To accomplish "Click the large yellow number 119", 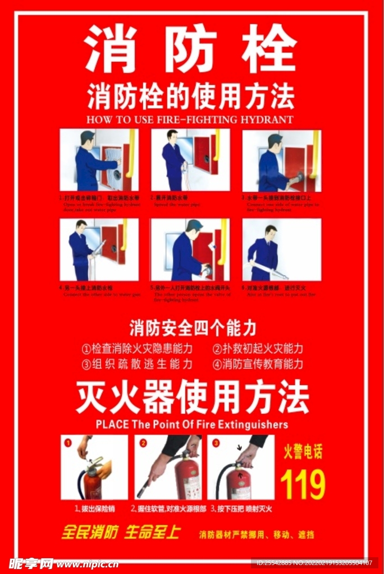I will [x=303, y=484].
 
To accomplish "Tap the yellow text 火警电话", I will [x=303, y=452].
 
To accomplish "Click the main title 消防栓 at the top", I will [x=191, y=49].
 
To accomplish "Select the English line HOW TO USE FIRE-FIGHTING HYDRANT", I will [x=190, y=119].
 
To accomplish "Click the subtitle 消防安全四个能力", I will [x=193, y=327].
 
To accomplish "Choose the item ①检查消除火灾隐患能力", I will [x=137, y=348].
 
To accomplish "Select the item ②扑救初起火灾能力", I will [x=258, y=348].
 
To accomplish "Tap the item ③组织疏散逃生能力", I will [x=137, y=364].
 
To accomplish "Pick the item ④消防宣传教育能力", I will [x=258, y=364].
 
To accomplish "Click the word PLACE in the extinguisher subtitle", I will [x=112, y=424].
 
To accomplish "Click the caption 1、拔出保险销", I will [x=94, y=509].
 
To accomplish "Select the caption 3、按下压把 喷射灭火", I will [x=241, y=509].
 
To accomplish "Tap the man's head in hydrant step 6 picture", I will [x=271, y=231].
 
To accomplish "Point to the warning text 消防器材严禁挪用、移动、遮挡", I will [x=257, y=535].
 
